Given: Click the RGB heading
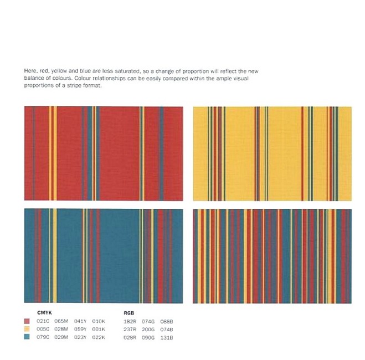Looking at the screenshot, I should [129, 313].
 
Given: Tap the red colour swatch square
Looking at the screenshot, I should [28, 321].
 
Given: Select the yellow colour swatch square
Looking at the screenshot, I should [28, 329].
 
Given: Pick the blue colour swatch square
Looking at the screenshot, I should [28, 337].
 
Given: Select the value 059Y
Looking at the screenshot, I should [81, 329].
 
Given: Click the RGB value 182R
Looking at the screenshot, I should [131, 321].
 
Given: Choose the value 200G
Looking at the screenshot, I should [149, 329].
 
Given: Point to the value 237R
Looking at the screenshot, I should [131, 329].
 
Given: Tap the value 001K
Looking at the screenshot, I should [99, 329].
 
